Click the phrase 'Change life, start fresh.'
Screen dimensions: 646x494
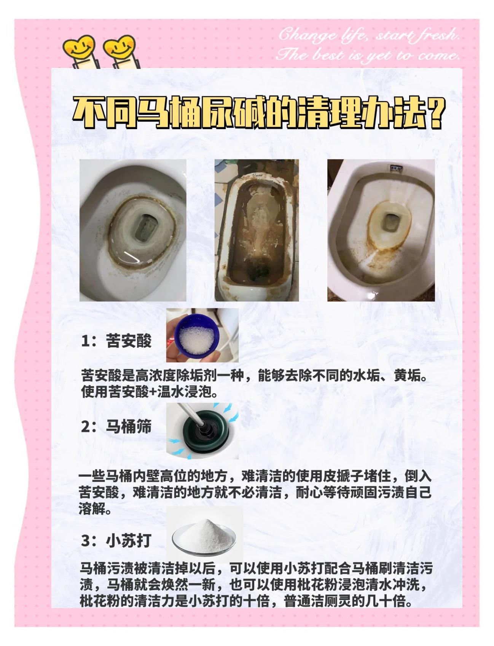[x=368, y=35]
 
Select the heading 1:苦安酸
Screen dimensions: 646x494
[x=116, y=341]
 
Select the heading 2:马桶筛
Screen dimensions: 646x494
[x=116, y=426]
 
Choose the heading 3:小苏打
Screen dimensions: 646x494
[x=116, y=540]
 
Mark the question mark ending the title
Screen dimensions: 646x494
[x=436, y=113]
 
